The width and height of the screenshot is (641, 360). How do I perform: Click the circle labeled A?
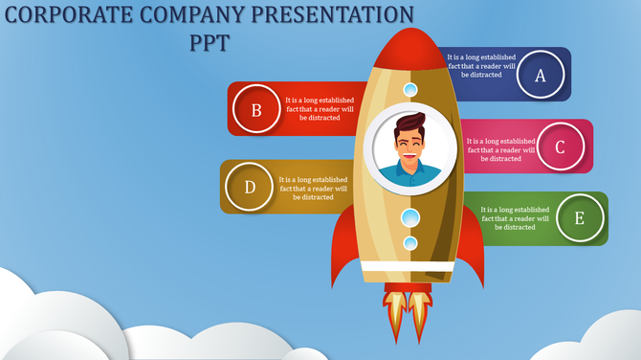point(540,75)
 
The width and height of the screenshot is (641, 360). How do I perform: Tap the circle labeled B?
point(256,109)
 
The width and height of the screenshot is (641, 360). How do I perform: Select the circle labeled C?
point(561,146)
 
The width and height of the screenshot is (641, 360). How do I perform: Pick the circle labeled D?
point(250,187)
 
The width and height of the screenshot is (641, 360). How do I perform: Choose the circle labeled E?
point(579,218)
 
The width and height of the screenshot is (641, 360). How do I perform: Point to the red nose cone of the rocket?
point(409,48)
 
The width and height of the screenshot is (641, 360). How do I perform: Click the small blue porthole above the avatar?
point(409,90)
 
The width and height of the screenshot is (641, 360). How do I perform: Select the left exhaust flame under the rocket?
point(394,312)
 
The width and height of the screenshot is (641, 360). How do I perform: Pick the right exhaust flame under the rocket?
point(422,312)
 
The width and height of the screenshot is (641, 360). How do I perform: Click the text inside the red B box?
point(320,108)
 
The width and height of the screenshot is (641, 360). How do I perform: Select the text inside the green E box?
point(515,218)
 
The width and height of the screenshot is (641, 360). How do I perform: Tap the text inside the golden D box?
point(313,188)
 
